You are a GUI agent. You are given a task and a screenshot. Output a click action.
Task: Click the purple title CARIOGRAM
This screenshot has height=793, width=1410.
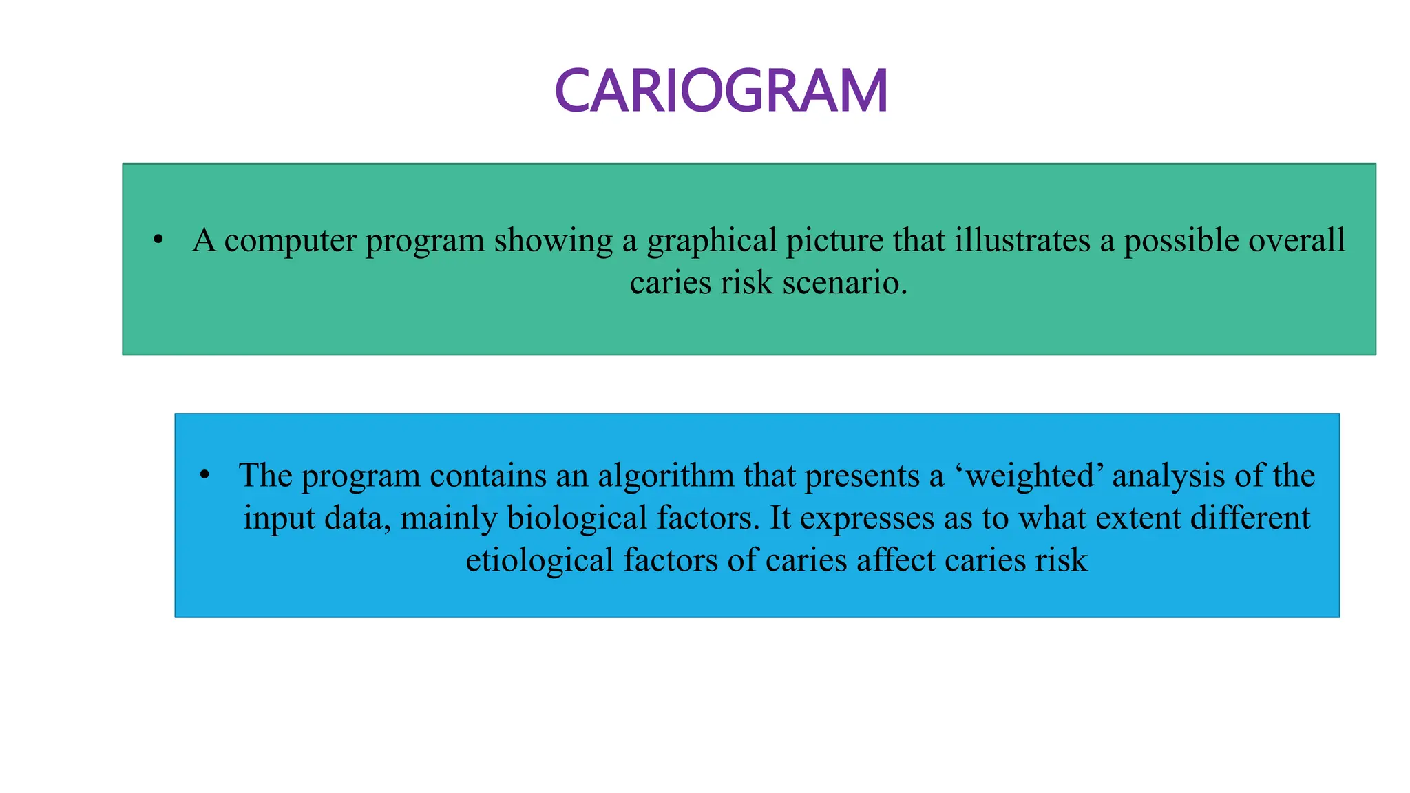point(721,91)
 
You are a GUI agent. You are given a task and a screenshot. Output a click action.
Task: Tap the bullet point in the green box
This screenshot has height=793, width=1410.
point(158,240)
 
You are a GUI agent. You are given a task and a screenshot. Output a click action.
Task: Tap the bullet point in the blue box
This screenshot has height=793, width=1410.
point(204,476)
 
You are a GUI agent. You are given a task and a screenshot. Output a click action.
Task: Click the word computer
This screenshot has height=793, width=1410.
point(290,241)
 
